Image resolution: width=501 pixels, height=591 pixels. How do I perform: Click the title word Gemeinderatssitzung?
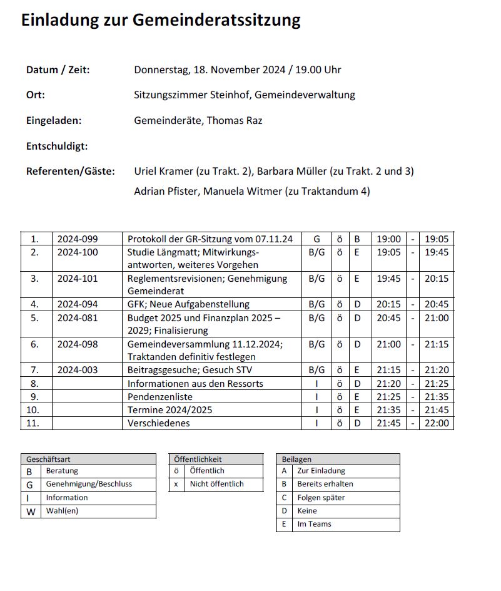[x=216, y=20]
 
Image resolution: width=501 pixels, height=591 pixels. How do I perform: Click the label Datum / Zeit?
[x=58, y=70]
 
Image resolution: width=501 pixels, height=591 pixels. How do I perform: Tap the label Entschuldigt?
[x=57, y=146]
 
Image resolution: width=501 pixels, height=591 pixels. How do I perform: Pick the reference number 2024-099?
[x=78, y=239]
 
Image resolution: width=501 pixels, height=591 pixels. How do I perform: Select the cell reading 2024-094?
[x=78, y=305]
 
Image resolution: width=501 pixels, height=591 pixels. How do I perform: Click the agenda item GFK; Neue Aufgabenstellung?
[x=188, y=305]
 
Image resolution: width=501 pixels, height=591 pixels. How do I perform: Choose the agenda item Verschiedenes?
[x=158, y=423]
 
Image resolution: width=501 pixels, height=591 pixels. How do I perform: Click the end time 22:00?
[x=437, y=423]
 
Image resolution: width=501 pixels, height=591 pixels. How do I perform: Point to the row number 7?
[x=35, y=371]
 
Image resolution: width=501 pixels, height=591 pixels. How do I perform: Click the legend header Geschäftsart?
[x=48, y=460]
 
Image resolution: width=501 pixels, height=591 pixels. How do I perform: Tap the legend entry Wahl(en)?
[x=62, y=511]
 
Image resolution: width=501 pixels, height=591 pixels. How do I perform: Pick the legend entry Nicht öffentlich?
[x=217, y=484]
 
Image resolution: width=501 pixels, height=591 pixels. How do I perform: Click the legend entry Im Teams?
[x=315, y=524]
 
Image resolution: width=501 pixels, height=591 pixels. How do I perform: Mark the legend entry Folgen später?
[x=321, y=498]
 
